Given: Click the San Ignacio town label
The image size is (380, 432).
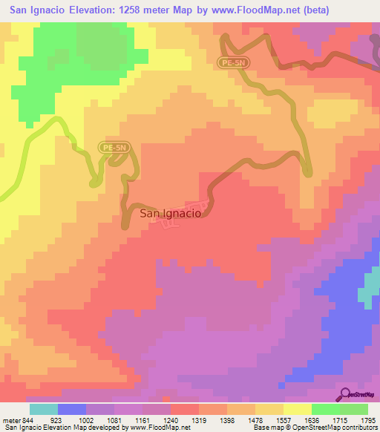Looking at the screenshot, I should click(x=170, y=213).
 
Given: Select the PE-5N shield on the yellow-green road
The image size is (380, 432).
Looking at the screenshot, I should click(x=114, y=148).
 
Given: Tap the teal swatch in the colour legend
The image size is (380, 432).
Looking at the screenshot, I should click(x=44, y=410).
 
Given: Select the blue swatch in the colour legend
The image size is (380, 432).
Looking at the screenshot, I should click(x=72, y=410).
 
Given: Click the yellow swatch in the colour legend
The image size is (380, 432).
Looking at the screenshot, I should click(x=298, y=410).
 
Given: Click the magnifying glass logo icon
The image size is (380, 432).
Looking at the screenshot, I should click(x=346, y=395).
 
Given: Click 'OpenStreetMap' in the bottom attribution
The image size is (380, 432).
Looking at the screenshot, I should click(x=307, y=428).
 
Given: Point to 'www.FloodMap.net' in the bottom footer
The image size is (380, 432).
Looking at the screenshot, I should click(x=156, y=428).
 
